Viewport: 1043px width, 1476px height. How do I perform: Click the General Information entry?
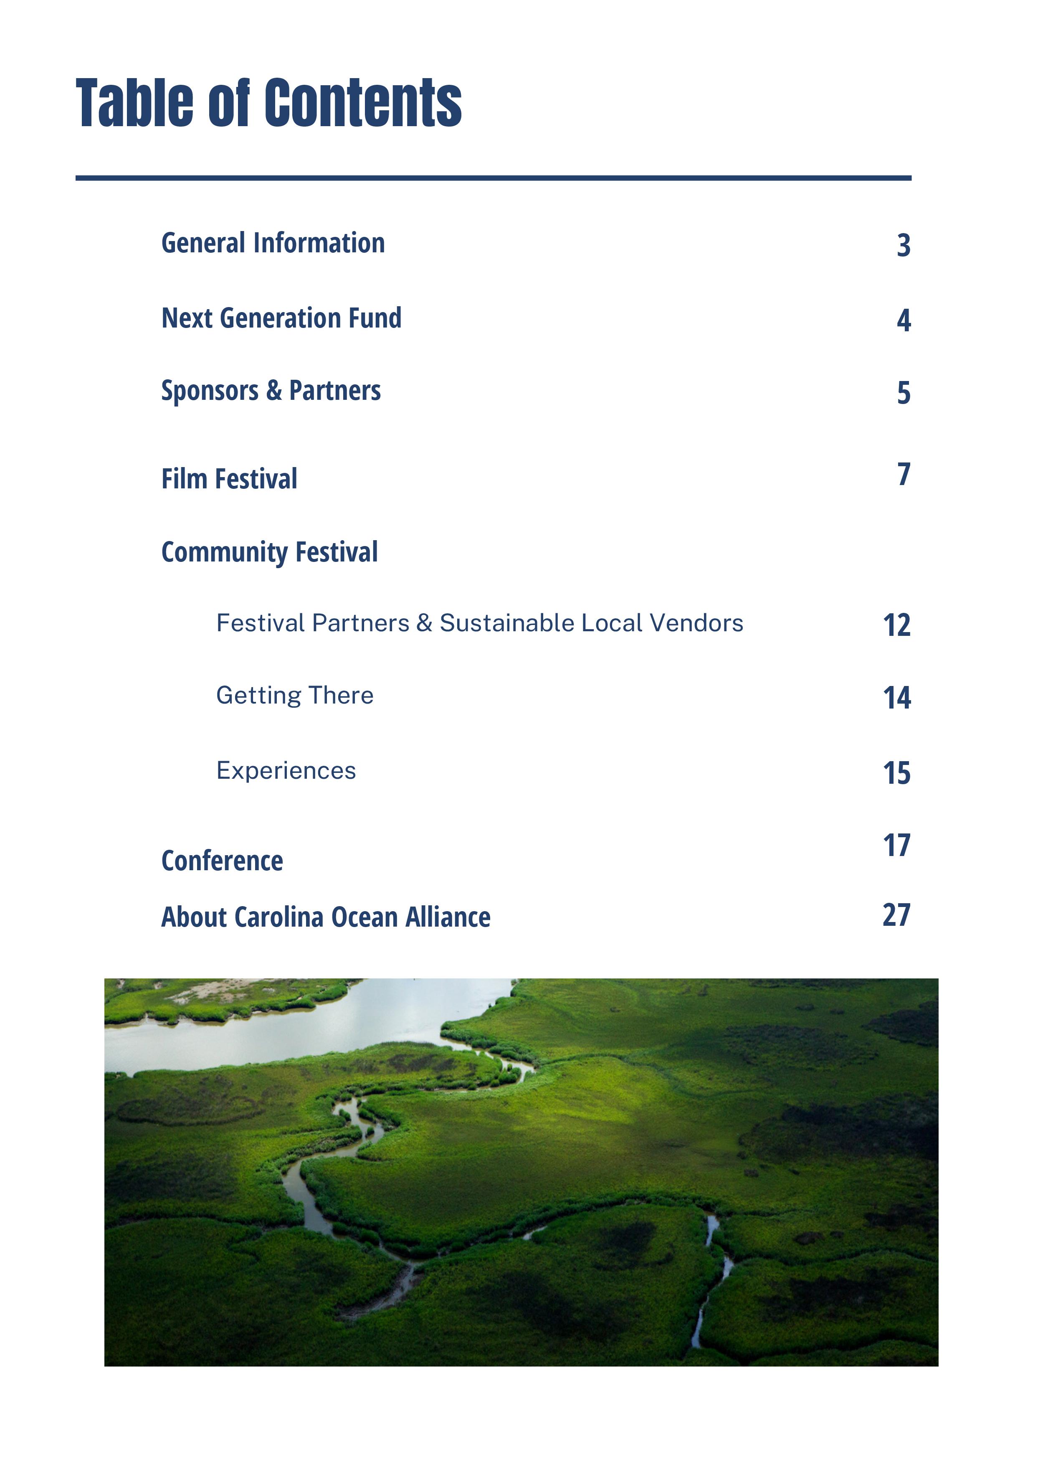(x=273, y=244)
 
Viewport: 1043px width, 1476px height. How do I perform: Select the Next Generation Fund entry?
(x=281, y=318)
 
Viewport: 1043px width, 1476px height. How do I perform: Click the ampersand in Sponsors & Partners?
(x=274, y=391)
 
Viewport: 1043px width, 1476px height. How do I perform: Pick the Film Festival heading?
(x=229, y=479)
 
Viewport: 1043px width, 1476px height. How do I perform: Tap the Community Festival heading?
(x=269, y=552)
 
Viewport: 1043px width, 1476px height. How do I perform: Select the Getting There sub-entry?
(x=295, y=696)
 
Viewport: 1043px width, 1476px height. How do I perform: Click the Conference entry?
(x=223, y=861)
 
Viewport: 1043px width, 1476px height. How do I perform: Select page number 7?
(x=904, y=475)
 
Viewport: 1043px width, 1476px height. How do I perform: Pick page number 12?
(x=896, y=625)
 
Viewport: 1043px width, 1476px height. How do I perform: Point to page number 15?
(x=896, y=773)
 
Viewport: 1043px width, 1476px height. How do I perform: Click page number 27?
(x=896, y=915)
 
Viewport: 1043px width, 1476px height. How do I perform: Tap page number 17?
(x=896, y=845)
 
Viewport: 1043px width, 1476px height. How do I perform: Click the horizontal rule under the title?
(x=494, y=178)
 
